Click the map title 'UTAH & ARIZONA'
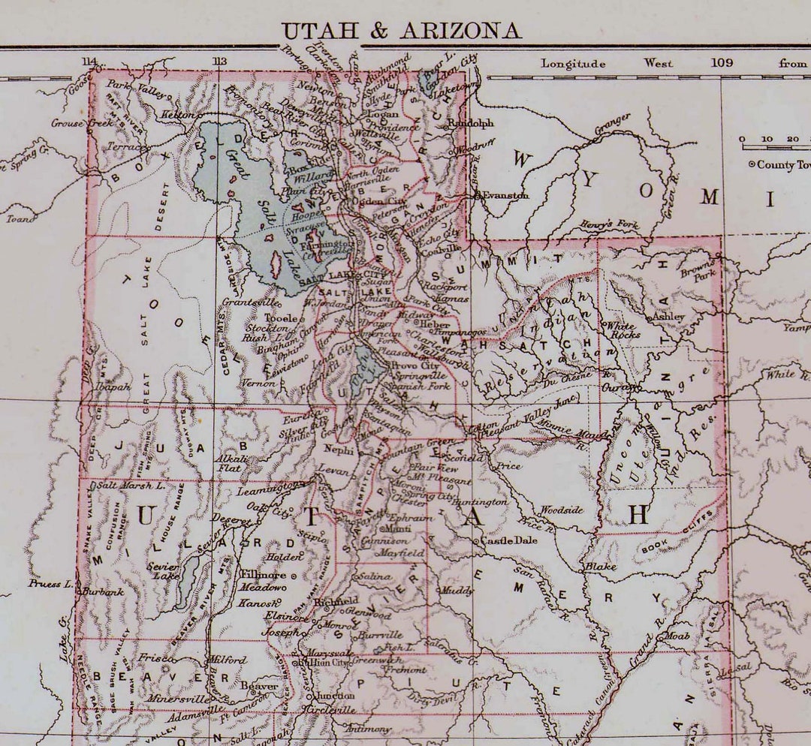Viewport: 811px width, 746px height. pyautogui.click(x=401, y=31)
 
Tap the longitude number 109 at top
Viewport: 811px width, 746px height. pyautogui.click(x=722, y=63)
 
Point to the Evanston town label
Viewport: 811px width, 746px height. pyautogui.click(x=505, y=195)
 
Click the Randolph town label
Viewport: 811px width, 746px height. pyautogui.click(x=471, y=123)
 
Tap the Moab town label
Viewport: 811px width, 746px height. pyautogui.click(x=676, y=636)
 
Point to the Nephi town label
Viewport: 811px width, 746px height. pyautogui.click(x=338, y=450)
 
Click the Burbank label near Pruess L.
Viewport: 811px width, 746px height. pyautogui.click(x=103, y=591)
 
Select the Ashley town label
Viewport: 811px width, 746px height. pyautogui.click(x=668, y=316)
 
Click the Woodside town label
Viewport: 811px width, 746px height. pyautogui.click(x=561, y=510)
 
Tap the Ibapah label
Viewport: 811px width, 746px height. pyautogui.click(x=113, y=387)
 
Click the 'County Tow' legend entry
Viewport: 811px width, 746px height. pyautogui.click(x=781, y=164)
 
